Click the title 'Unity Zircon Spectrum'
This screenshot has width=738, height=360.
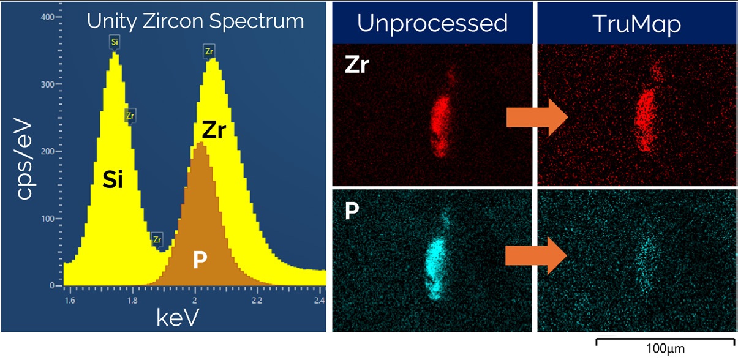[195, 22]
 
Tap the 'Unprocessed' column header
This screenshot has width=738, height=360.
[432, 23]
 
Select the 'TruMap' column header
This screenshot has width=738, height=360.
[637, 23]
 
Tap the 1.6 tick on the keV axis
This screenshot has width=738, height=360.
[69, 300]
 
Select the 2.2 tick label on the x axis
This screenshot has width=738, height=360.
[257, 300]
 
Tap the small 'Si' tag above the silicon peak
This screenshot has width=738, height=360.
[115, 42]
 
